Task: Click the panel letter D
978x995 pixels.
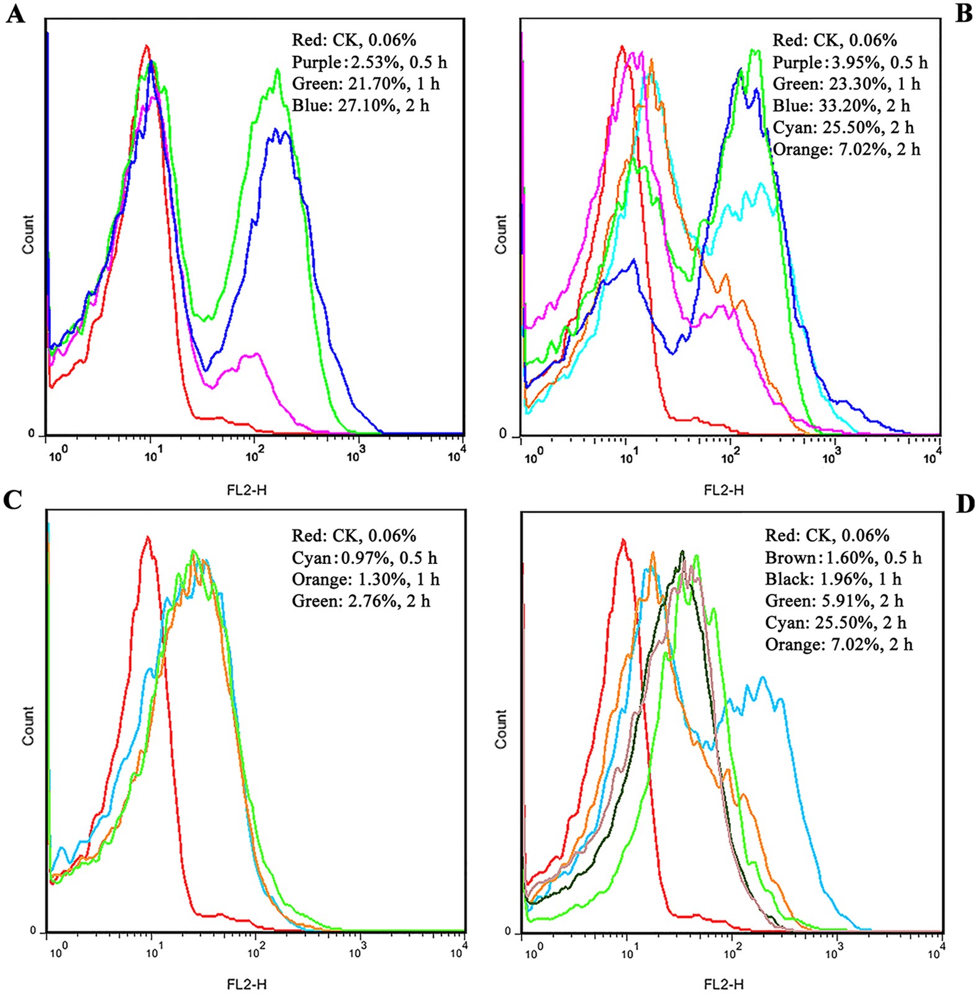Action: [964, 504]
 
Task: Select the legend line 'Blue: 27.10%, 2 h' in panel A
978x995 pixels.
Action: [360, 106]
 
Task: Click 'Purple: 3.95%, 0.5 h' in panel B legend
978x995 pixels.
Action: [849, 62]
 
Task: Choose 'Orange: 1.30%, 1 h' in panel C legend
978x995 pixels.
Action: [365, 579]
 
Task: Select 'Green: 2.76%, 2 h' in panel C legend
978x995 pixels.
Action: [361, 601]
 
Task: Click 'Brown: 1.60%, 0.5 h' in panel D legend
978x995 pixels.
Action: [843, 557]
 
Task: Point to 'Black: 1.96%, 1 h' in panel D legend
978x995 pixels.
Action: [833, 579]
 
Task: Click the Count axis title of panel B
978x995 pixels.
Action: [500, 234]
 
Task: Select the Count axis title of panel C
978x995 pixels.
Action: [28, 725]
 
